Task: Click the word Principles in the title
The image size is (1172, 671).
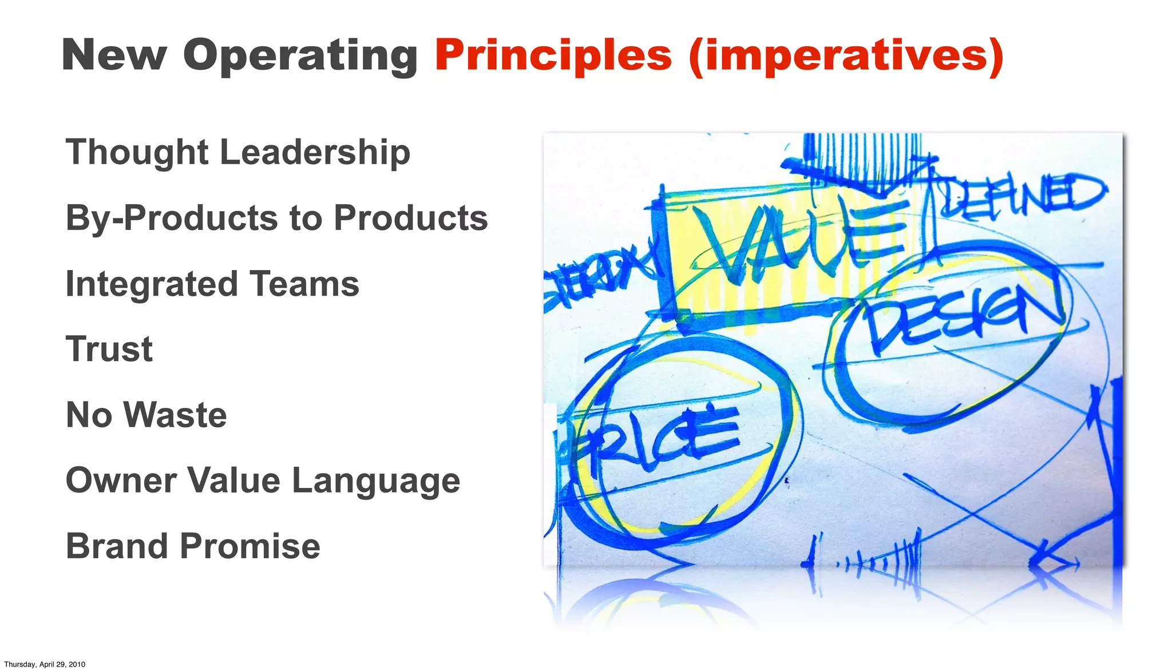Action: (553, 55)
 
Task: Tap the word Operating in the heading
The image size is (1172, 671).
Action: (300, 55)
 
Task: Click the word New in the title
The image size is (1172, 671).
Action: (114, 55)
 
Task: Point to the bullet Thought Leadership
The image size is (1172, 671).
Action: (238, 152)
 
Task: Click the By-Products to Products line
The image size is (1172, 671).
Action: (276, 218)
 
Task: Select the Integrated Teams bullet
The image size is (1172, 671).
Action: (212, 284)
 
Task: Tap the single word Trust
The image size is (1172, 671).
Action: (109, 349)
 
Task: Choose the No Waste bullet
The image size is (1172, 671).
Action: (146, 415)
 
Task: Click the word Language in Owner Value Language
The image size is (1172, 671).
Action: (376, 481)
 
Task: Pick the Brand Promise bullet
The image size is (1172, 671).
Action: (193, 546)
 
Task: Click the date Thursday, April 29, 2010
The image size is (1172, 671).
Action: (45, 664)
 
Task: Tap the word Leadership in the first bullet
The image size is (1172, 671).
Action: (315, 152)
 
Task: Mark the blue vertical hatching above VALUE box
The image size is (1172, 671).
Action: (861, 154)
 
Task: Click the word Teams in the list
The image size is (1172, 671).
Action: (304, 284)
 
